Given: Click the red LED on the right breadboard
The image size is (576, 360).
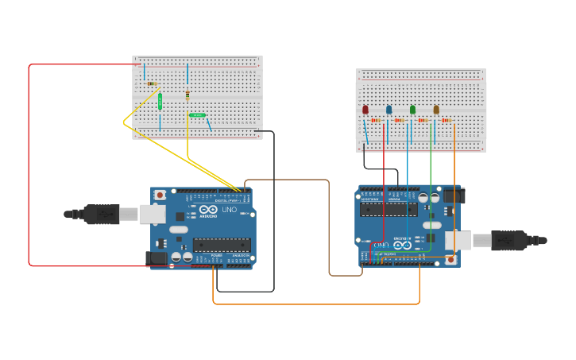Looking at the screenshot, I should tap(365, 110).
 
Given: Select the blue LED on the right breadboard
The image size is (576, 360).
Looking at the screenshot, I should tap(389, 110).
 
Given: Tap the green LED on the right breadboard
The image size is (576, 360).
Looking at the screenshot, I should tap(412, 110).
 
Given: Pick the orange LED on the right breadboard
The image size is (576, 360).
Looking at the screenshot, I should tap(436, 110).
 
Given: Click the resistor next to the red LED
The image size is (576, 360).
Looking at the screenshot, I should tap(376, 121).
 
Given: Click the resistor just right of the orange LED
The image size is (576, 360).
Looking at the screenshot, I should tap(446, 121).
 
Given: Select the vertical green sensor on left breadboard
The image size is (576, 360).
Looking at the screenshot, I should tap(160, 101).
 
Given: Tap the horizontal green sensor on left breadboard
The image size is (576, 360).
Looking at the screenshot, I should tap(198, 115).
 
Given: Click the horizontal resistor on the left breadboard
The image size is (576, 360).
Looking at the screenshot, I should tap(151, 83).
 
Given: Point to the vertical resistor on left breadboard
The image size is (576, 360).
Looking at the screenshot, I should tap(187, 95).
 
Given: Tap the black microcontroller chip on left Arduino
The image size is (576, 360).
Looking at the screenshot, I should tap(222, 245).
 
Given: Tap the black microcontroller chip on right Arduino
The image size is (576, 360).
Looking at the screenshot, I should tap(389, 209).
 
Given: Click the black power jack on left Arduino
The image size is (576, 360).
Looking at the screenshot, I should tap(156, 257).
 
